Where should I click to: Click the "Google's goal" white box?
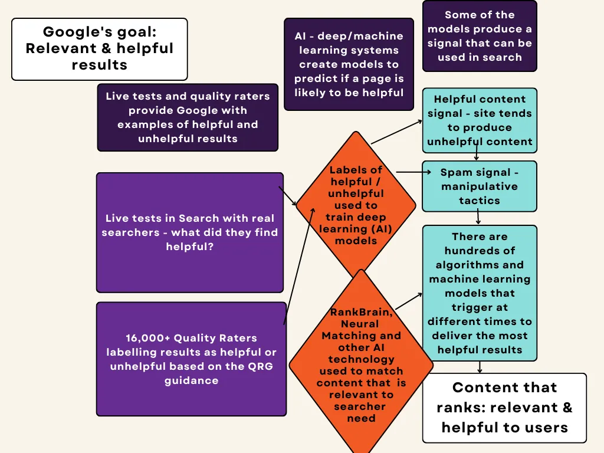[x=99, y=49]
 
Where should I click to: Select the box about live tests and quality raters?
[x=188, y=117]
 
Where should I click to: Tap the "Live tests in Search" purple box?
[x=189, y=232]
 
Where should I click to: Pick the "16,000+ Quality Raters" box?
[x=191, y=359]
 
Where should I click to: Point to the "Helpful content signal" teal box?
[x=479, y=120]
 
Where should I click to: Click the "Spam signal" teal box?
[x=479, y=186]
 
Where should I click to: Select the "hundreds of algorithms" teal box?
[x=479, y=293]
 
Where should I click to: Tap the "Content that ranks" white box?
[x=504, y=408]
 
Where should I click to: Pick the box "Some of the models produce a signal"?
[x=479, y=36]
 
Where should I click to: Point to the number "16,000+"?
[x=145, y=338]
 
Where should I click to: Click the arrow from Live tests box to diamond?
[x=288, y=195]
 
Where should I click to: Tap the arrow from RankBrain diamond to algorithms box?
[x=408, y=300]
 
